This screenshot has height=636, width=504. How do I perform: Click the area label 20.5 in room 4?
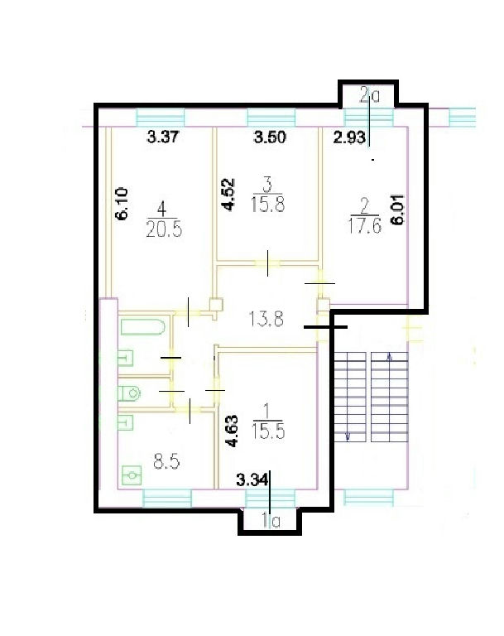point(164,230)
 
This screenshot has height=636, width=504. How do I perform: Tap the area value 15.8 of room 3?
point(267,204)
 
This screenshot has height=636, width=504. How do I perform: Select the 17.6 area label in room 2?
point(364,226)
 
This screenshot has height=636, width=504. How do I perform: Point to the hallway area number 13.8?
point(266,319)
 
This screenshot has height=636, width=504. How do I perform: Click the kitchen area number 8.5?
point(167,461)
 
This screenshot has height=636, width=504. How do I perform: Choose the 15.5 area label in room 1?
point(268,431)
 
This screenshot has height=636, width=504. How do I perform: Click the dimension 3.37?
point(162,137)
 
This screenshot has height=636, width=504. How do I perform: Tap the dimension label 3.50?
point(270,137)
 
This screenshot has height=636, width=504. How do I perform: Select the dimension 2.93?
point(349,137)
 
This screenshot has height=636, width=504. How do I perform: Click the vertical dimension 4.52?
point(228,195)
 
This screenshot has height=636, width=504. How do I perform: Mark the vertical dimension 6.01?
point(398,210)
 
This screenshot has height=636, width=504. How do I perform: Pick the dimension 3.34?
point(252,480)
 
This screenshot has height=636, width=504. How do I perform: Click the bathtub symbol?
point(143,327)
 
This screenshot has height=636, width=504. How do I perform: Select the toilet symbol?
point(129,393)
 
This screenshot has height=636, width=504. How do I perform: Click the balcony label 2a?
point(370,96)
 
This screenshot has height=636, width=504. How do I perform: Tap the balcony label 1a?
point(271,521)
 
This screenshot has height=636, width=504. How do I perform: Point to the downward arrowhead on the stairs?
point(348,437)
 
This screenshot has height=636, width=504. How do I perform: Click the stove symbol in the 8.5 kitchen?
point(132,475)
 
